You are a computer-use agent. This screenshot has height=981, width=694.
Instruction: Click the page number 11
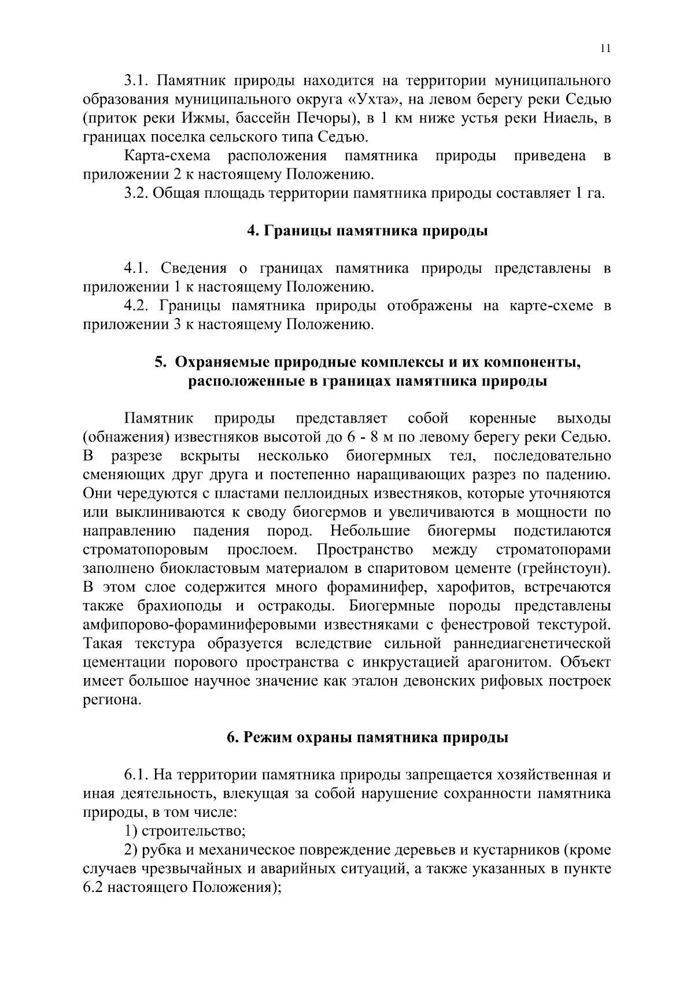point(604,49)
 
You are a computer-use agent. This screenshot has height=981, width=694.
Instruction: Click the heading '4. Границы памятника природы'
point(367,231)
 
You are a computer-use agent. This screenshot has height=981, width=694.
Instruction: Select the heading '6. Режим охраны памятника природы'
point(367,738)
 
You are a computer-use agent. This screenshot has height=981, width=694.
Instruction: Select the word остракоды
point(299,606)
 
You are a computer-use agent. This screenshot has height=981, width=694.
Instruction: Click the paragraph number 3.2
point(136,193)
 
